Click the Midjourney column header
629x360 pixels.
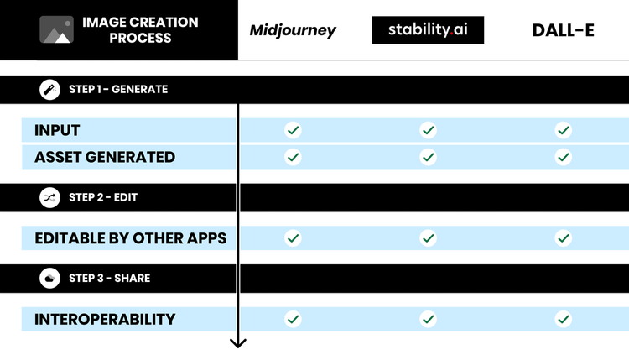[x=293, y=31]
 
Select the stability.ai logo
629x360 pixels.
[x=428, y=30]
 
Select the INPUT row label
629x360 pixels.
[x=57, y=130]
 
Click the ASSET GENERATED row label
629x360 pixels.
[x=105, y=157]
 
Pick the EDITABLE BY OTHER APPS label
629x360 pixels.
[x=131, y=238]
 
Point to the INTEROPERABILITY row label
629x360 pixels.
[x=105, y=319]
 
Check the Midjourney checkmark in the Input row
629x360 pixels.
[x=293, y=130]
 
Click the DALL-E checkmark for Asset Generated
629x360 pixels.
[x=564, y=157]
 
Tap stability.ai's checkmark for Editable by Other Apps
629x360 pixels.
[x=429, y=238]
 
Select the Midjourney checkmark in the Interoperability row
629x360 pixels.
[x=293, y=319]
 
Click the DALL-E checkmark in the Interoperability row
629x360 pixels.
[x=564, y=319]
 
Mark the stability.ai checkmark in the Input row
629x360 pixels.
[x=429, y=130]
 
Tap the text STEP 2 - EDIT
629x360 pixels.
[x=103, y=197]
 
